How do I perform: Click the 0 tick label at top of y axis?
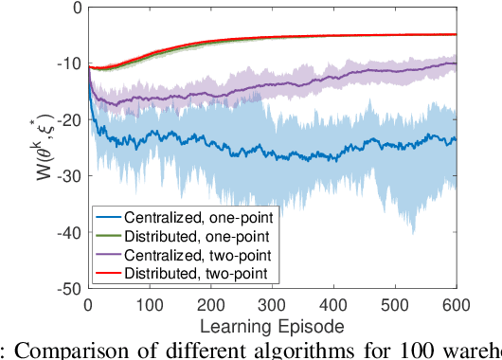(x=75, y=8)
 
